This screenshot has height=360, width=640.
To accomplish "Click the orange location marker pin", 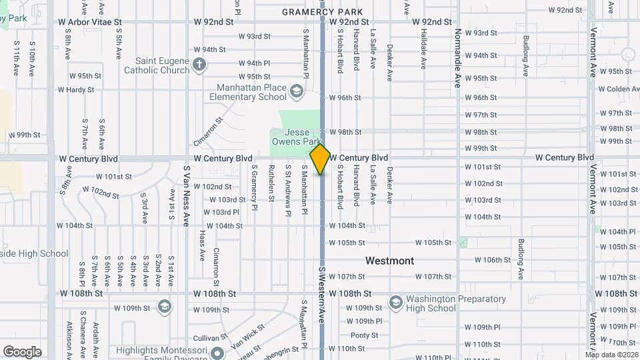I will click(x=321, y=159).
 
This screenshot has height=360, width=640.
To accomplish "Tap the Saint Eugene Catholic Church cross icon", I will click(x=199, y=65).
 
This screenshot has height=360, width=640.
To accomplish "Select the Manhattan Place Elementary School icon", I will click(x=296, y=90).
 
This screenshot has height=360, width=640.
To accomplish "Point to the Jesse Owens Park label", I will click(x=295, y=137).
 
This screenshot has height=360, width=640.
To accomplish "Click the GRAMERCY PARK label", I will click(x=323, y=12).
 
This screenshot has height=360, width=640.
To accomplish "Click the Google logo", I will click(x=22, y=352).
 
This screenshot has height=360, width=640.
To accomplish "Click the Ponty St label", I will click(x=364, y=335).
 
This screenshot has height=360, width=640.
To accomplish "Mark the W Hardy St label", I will click(x=75, y=89).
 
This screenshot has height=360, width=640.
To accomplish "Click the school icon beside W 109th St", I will click(x=164, y=307).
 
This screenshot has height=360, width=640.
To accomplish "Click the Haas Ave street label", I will click(x=202, y=244).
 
